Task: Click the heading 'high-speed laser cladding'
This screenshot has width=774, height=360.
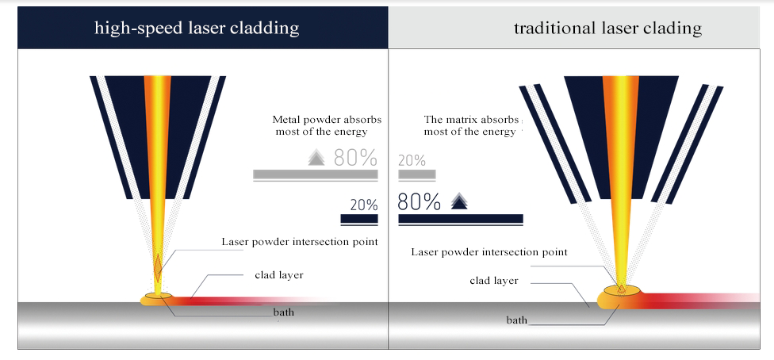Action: [x=197, y=28]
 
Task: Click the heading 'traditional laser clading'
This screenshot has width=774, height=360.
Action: [x=607, y=28]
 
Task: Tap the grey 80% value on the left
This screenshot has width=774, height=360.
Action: [x=355, y=158]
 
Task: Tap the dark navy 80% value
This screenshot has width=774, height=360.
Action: [x=419, y=202]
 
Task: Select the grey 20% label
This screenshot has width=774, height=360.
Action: [x=412, y=160]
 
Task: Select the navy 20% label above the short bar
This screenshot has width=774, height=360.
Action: [x=364, y=205]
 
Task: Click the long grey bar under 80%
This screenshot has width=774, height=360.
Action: [x=316, y=174]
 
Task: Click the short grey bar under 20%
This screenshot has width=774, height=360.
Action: [x=417, y=174]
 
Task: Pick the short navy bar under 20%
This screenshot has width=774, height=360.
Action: [x=359, y=219]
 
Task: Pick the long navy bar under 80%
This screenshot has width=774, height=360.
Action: [x=461, y=219]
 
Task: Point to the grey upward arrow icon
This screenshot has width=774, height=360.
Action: [x=316, y=158]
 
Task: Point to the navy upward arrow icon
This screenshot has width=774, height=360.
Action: [x=459, y=201]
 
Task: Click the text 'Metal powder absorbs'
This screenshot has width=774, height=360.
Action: [x=327, y=120]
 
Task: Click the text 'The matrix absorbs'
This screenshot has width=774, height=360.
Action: [x=471, y=120]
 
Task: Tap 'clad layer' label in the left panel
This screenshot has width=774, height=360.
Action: [x=279, y=275]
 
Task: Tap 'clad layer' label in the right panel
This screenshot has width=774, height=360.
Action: [x=493, y=281]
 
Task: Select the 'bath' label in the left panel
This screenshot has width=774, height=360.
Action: [x=283, y=312]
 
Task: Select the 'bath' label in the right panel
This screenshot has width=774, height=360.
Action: [x=517, y=320]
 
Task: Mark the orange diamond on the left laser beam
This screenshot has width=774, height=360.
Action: [x=158, y=267]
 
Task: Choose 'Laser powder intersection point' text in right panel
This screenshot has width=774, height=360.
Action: [x=489, y=252]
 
